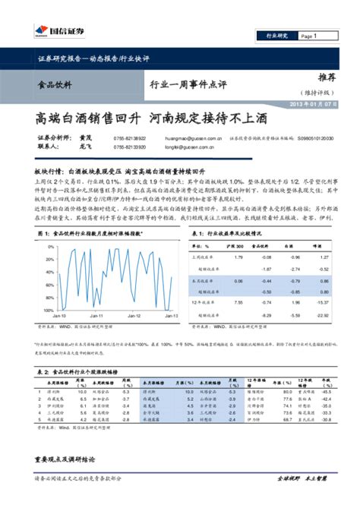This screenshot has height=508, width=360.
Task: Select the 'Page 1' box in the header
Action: point(308,36)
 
